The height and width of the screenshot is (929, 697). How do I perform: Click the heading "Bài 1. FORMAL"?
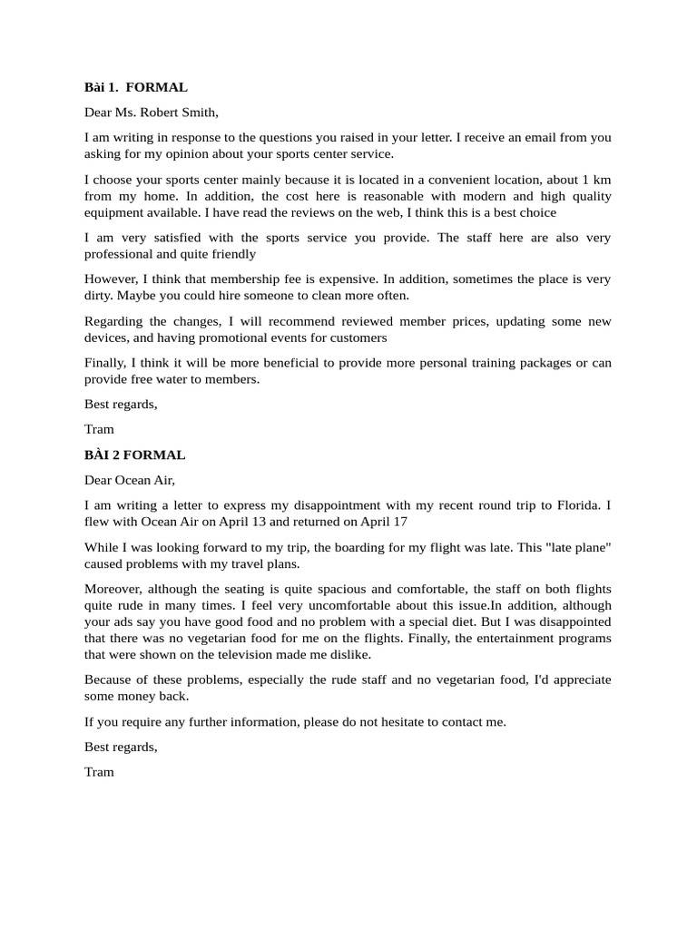coord(136,88)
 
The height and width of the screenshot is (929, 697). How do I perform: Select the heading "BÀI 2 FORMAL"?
coord(134,455)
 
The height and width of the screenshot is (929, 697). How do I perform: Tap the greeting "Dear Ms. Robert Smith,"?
coord(152,112)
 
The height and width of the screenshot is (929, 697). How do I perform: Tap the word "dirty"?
coord(100,296)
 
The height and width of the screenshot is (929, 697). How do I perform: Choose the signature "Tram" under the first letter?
coord(99,429)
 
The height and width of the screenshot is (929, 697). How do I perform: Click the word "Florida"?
coord(574,504)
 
